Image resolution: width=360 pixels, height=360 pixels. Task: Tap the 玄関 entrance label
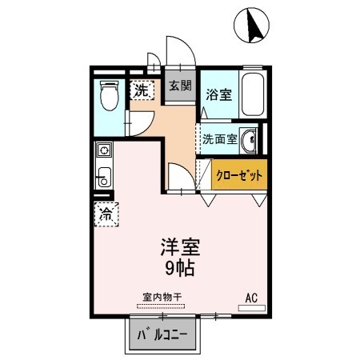click(180, 86)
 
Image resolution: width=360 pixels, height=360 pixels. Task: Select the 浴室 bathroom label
click(218, 94)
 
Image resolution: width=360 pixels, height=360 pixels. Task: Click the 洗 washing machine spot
click(141, 90)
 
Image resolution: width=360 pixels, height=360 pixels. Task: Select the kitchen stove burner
click(103, 150)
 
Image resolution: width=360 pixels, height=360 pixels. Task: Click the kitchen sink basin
click(103, 178)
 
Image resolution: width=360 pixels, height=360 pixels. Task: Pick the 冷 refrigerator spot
click(106, 213)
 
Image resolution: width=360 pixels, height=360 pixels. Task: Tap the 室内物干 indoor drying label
click(162, 297)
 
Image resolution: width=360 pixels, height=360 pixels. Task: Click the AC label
click(251, 298)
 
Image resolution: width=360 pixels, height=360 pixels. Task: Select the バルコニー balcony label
click(162, 334)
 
